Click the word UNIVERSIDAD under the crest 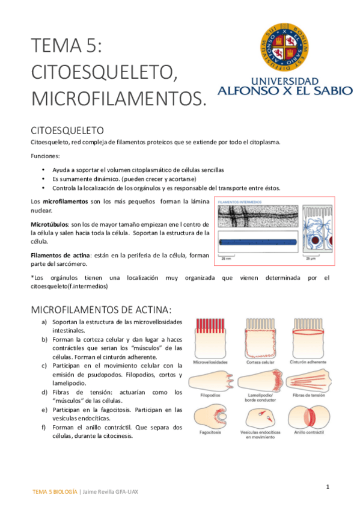tap(285, 81)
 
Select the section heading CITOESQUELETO tap(67, 130)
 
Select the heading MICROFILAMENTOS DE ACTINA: tap(101, 309)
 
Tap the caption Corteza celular tap(260, 363)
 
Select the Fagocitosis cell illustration tap(209, 416)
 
